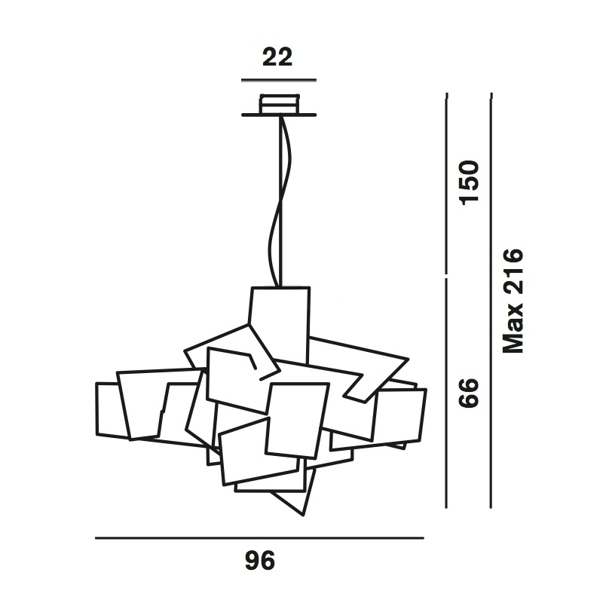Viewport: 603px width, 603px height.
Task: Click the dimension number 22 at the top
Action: click(x=277, y=58)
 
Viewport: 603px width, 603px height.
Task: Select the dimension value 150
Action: click(x=470, y=182)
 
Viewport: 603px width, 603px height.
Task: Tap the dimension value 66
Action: click(x=470, y=393)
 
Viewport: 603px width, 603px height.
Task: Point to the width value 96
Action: click(x=259, y=561)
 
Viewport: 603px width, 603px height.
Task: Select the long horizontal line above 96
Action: click(x=260, y=538)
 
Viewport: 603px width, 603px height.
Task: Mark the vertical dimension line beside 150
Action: click(x=448, y=184)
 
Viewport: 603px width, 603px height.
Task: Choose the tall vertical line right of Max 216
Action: click(x=491, y=301)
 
